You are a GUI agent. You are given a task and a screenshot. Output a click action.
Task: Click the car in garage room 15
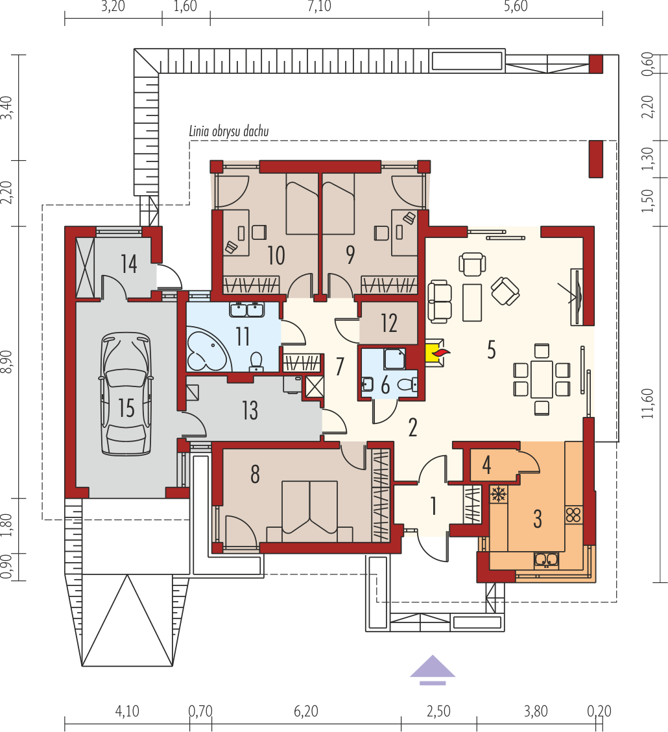click(x=126, y=394)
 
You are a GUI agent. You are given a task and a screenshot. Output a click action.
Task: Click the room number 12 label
click(x=388, y=323)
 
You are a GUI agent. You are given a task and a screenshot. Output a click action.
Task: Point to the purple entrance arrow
click(x=433, y=670)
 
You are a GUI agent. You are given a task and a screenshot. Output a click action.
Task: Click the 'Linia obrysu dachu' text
click(x=229, y=131)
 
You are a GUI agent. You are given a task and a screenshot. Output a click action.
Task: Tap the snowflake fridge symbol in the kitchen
click(x=499, y=494)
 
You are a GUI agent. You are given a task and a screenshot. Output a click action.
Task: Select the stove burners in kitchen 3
click(x=573, y=514)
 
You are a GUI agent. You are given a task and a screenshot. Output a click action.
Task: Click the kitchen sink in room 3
click(x=546, y=560)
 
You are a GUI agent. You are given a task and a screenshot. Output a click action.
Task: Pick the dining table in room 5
click(x=542, y=379)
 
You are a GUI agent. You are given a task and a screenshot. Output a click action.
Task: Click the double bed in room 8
click(x=309, y=511)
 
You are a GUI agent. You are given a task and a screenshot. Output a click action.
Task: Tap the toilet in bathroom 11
click(x=256, y=362)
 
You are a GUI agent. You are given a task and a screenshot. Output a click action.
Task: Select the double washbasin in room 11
click(x=246, y=309)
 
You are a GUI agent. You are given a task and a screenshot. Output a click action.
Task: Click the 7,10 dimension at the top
click(x=319, y=6)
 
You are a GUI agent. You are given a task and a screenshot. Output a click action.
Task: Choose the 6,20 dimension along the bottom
click(x=306, y=711)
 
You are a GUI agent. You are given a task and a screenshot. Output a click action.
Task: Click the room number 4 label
click(x=486, y=465)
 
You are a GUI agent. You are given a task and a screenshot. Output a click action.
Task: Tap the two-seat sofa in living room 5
click(x=440, y=301)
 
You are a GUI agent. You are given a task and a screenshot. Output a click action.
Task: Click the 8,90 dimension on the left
click(x=7, y=361)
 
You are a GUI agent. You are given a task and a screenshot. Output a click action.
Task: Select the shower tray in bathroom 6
click(x=394, y=359)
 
